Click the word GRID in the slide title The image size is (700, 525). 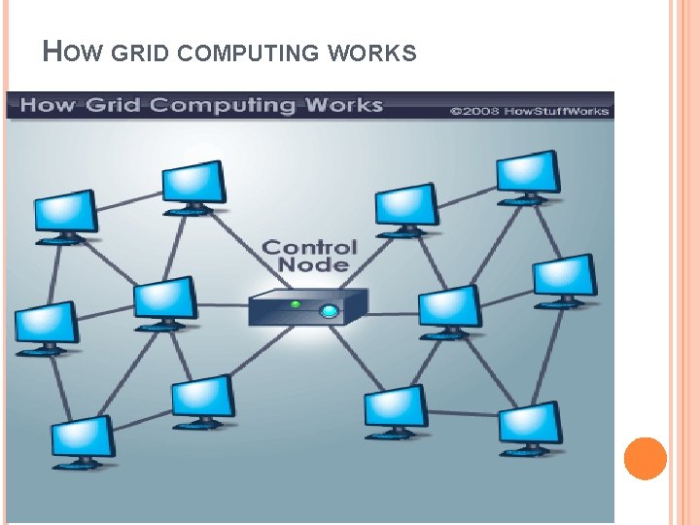coord(146,53)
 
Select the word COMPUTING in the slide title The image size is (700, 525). coord(252,53)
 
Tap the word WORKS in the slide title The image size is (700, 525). coord(373,53)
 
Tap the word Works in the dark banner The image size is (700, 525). coord(343,105)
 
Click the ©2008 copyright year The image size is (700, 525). coord(469,111)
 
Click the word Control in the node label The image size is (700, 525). coord(310,247)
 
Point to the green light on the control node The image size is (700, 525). coord(295,303)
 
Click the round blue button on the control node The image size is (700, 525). coord(330,311)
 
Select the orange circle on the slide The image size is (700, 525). coord(645,459)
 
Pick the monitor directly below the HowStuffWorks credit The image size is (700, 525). coord(527,174)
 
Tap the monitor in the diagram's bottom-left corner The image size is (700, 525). coord(82,439)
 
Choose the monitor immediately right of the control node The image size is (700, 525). coord(448,308)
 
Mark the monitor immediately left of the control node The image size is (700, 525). coord(164,300)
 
